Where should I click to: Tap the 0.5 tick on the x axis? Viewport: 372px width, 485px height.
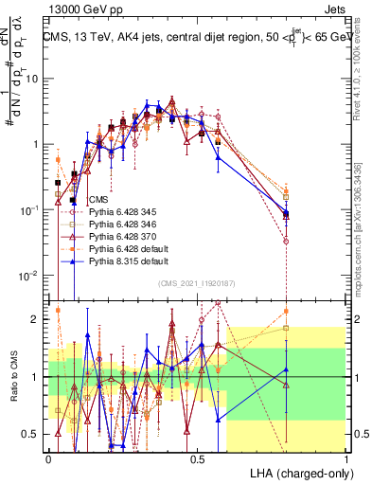(198, 459)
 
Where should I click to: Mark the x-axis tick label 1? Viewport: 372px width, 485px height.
(346, 459)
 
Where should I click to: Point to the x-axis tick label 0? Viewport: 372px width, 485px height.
(49, 459)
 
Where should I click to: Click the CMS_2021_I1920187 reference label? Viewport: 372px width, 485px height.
(198, 283)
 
